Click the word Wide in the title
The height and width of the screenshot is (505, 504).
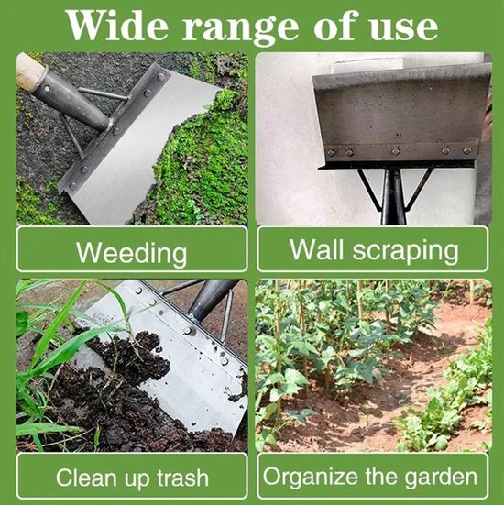pos(118,26)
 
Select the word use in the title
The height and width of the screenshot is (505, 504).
pos(403,28)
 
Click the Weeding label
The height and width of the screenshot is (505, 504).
pos(132,253)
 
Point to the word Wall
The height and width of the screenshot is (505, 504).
pos(316,249)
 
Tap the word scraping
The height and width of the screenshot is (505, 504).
pos(405,251)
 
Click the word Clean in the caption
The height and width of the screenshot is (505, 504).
pos(86,478)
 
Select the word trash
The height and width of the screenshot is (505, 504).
pos(183,478)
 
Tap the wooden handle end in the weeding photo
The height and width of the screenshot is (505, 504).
pos(30,73)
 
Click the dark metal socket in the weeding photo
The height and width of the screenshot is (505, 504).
pos(71,101)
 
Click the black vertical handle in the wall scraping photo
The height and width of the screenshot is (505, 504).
pos(393,196)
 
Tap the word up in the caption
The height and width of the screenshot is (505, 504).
pos(137,479)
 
